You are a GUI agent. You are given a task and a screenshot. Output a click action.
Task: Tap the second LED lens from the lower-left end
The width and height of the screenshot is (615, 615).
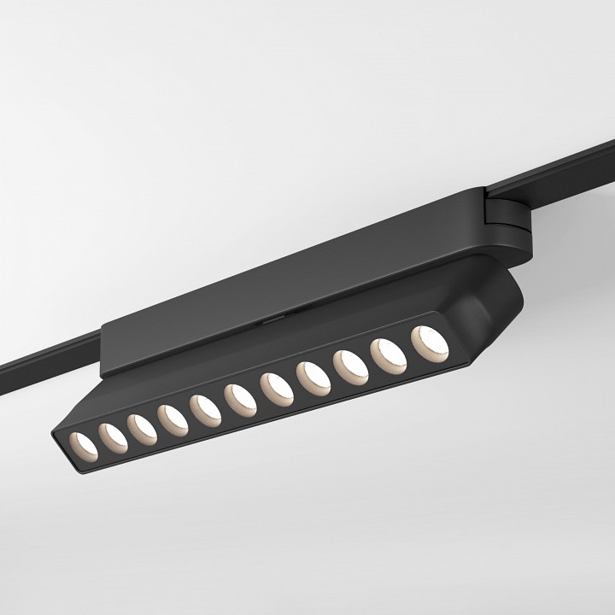[113, 436]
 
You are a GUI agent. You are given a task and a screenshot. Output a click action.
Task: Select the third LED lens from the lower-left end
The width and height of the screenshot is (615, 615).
[142, 426]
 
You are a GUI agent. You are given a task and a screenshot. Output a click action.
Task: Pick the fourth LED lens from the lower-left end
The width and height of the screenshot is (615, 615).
[173, 417]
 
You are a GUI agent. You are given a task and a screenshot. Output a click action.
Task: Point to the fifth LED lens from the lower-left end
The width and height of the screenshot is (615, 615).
[205, 407]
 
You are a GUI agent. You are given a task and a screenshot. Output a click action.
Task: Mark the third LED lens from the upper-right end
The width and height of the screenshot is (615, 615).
[350, 366]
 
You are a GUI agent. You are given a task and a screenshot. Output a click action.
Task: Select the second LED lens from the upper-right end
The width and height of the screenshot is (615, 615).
[388, 354]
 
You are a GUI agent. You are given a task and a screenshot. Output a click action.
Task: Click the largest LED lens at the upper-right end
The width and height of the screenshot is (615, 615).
[428, 342]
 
